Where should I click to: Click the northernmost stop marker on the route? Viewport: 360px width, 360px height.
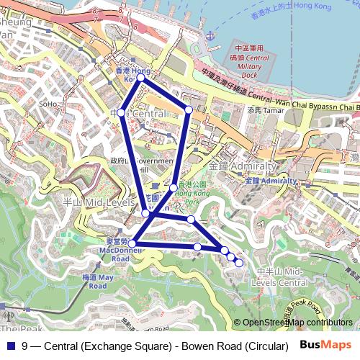tap(140, 77)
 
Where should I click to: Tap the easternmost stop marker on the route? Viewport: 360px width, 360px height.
tap(239, 262)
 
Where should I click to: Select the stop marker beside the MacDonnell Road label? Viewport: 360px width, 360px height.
tap(132, 244)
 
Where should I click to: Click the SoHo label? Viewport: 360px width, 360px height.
tap(48, 104)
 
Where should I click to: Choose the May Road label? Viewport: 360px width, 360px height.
tap(98, 282)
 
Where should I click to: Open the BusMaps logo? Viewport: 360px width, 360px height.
tap(326, 345)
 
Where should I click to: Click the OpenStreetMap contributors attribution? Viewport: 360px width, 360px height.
tap(297, 323)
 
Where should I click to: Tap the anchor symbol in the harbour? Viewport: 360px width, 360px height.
tap(209, 34)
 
